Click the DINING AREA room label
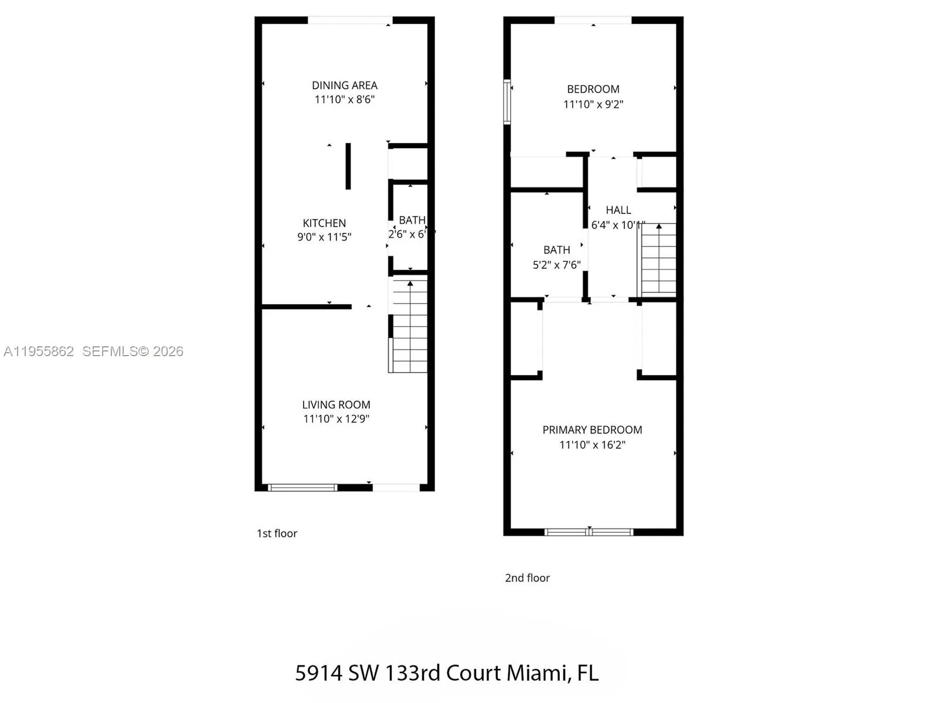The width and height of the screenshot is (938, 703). coord(344,86)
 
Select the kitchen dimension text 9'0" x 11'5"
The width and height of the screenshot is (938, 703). coord(324,237)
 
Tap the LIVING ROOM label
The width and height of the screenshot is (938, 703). coord(336,405)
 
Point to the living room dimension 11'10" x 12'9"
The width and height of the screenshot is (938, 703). coord(336,419)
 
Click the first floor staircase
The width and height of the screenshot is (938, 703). coord(409,326)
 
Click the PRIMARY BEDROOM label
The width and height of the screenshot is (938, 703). coord(592,430)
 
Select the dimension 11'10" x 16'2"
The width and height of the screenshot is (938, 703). coord(592,445)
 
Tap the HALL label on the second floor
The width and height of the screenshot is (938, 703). coord(618,210)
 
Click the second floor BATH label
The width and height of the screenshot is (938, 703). coord(556,250)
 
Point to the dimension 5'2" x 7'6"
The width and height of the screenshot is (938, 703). coord(556,265)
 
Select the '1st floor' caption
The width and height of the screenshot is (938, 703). coord(277,533)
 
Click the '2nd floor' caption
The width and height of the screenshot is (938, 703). coord(527,578)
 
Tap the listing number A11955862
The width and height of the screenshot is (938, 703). coord(39,351)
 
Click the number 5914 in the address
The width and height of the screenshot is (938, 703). coord(318,673)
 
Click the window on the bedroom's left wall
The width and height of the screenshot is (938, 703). coord(507,102)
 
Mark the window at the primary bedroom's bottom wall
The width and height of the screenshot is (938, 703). coord(589,532)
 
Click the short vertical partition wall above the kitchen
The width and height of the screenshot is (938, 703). coord(348,166)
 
